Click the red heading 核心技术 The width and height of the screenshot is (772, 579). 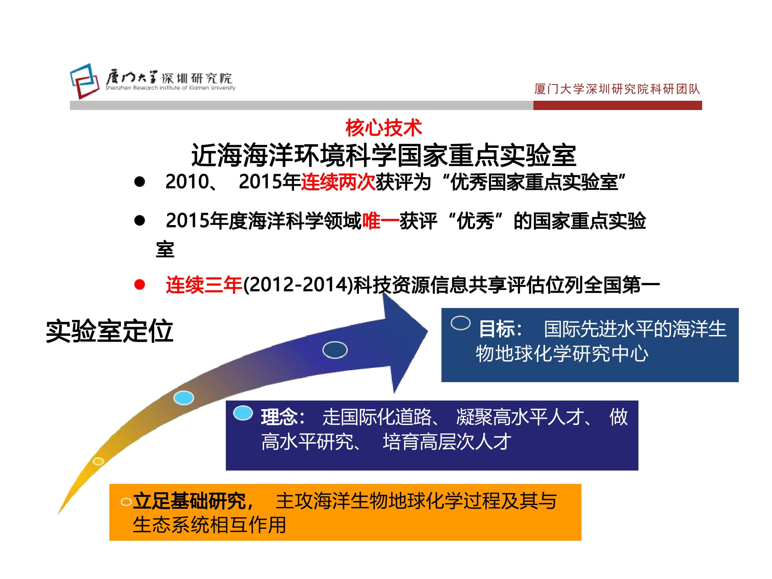[384, 128]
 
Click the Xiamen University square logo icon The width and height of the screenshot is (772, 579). [85, 81]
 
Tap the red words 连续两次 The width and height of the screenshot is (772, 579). [338, 182]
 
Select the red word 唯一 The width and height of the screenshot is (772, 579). [381, 221]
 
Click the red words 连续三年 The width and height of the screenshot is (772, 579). [204, 285]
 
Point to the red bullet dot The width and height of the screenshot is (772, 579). [139, 285]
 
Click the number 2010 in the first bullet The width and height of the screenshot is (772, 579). [187, 182]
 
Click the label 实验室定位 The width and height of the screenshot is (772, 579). [110, 331]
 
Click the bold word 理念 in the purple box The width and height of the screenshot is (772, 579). [279, 417]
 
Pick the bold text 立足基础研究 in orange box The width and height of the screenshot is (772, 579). [189, 501]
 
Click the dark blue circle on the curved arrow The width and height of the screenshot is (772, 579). [335, 350]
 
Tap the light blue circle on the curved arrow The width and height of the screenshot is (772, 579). [184, 398]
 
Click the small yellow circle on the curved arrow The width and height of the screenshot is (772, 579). [98, 461]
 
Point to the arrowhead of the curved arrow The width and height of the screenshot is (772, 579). [428, 331]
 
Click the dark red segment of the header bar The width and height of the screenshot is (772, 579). [618, 105]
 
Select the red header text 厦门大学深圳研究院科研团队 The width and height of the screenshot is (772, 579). [617, 89]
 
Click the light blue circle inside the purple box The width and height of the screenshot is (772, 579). [243, 413]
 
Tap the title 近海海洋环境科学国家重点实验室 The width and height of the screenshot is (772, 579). [384, 156]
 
